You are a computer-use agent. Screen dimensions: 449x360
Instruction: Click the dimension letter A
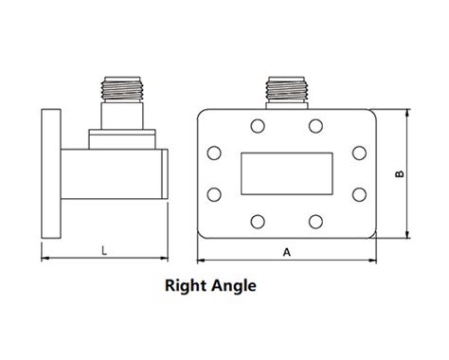point(286,252)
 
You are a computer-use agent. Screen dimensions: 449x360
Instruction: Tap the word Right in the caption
point(189,283)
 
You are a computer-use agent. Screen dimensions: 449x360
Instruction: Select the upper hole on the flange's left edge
point(213,153)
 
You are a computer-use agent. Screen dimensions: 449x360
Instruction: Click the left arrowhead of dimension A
point(201,260)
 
